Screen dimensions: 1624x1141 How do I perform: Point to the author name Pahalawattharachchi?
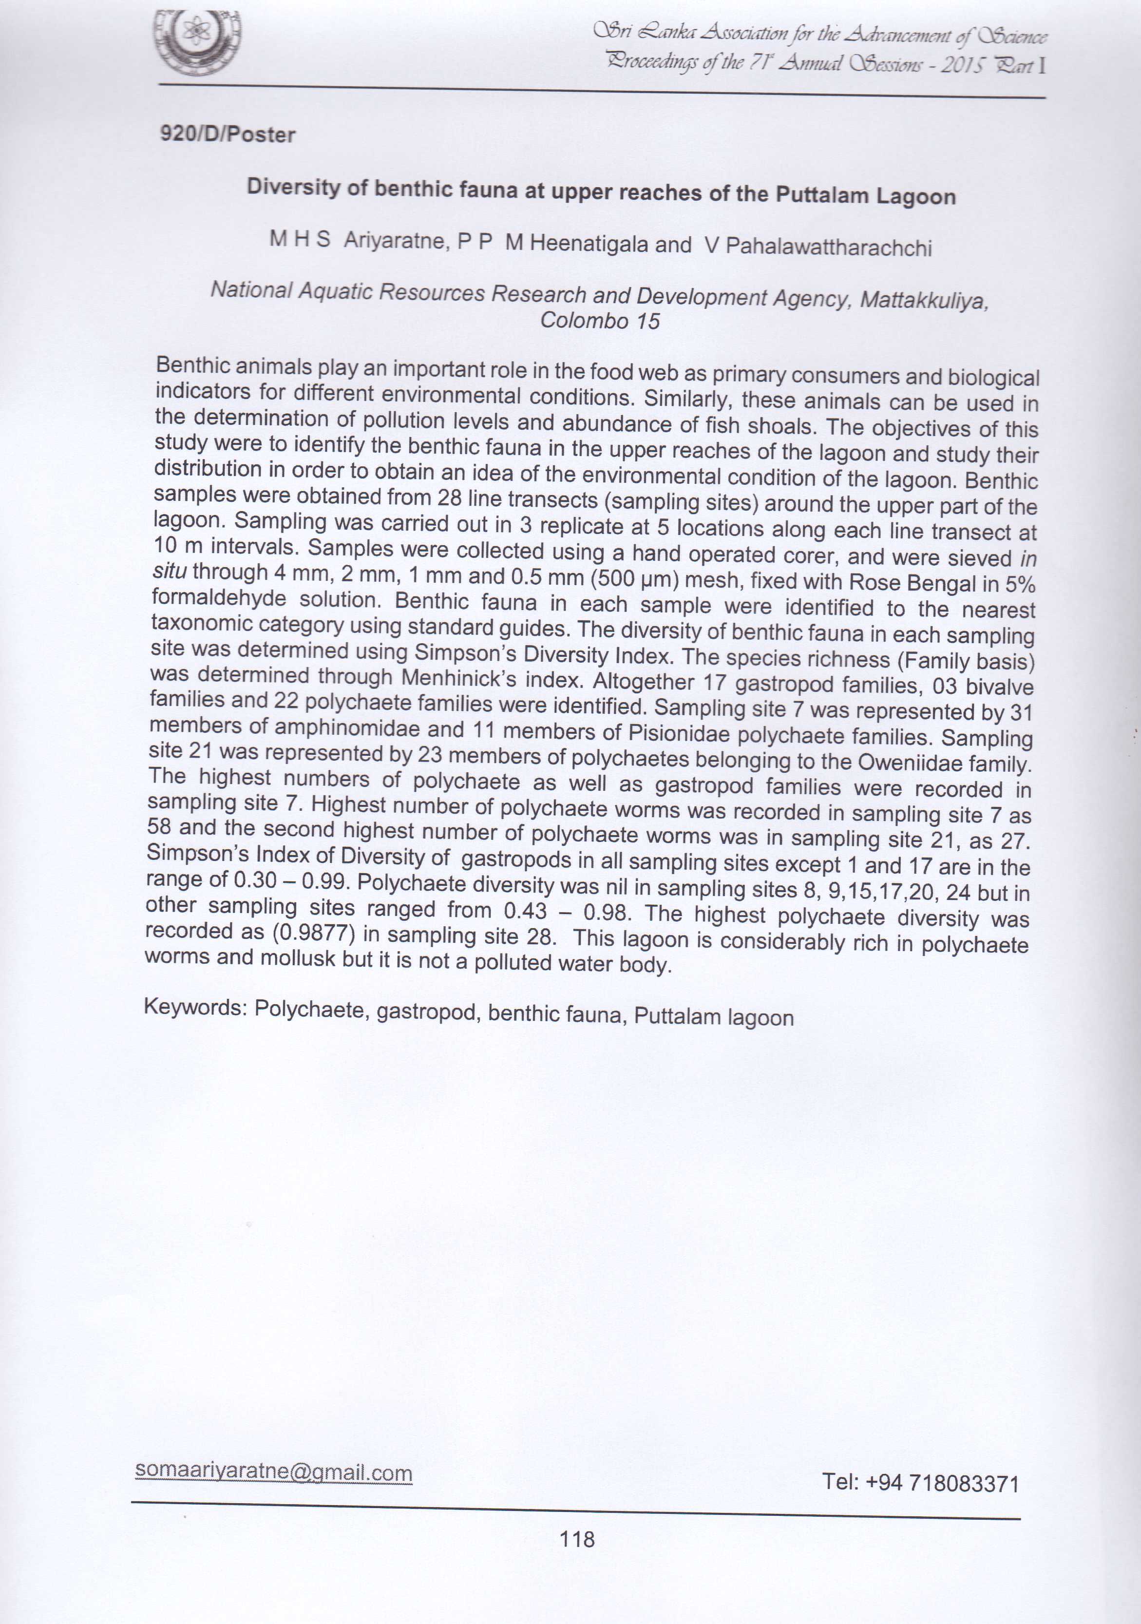click(828, 247)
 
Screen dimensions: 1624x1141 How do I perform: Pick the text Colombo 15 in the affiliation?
click(600, 321)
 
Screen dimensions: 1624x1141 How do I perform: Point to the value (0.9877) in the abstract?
click(313, 932)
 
